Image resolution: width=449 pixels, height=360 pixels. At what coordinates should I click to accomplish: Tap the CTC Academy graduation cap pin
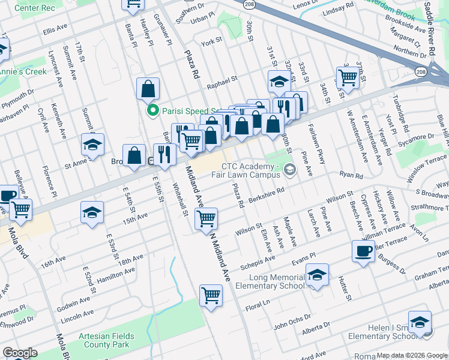(x=291, y=170)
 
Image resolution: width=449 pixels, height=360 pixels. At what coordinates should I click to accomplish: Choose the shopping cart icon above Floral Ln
(x=211, y=294)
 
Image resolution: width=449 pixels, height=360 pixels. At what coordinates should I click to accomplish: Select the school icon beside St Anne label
(x=92, y=144)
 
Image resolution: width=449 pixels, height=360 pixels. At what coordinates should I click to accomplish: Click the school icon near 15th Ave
(x=92, y=212)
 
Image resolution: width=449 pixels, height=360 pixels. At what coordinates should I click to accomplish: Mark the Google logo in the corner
(x=20, y=353)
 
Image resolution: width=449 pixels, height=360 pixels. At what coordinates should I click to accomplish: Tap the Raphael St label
(x=222, y=77)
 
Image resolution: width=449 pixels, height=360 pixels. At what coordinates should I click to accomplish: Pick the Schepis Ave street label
(x=258, y=257)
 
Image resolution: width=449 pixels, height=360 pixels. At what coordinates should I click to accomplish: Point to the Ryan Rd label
(x=351, y=176)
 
